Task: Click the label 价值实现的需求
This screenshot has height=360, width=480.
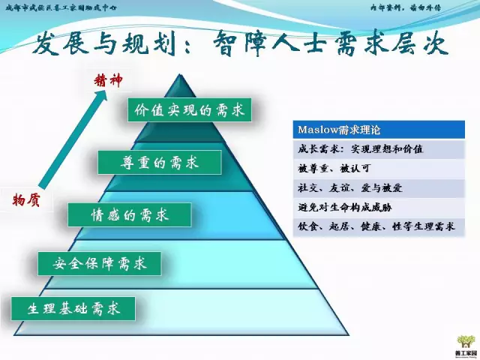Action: point(189,111)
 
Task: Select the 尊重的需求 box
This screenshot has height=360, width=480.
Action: point(160,163)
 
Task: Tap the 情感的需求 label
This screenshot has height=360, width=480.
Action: point(130,215)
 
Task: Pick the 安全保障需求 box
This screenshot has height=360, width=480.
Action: point(99,263)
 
